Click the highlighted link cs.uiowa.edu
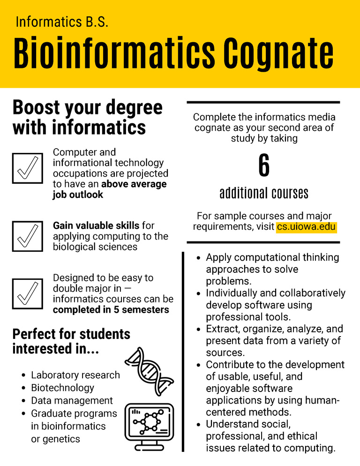[x=306, y=227]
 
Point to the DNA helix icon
[x=149, y=371]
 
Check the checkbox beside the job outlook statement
[x=28, y=168]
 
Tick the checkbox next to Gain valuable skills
[x=28, y=236]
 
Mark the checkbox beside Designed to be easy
[x=28, y=293]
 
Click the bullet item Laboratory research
[x=75, y=375]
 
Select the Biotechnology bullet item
[x=62, y=388]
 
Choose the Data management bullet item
[x=72, y=400]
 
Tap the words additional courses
[x=264, y=193]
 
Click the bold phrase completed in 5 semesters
[x=111, y=310]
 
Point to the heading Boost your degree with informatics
[x=87, y=117]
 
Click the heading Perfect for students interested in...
[x=71, y=341]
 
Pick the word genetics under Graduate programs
[x=60, y=439]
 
